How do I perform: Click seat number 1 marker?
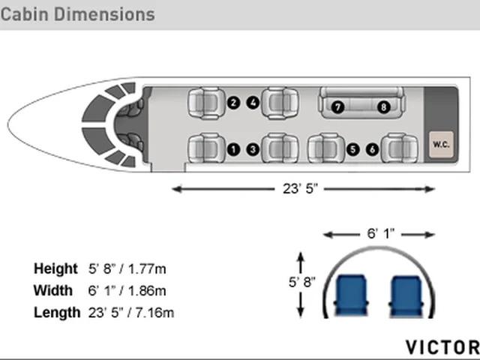pyautogui.click(x=233, y=149)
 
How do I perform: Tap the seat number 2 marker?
pyautogui.click(x=233, y=103)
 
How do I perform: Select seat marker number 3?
pyautogui.click(x=253, y=149)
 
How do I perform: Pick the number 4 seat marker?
pyautogui.click(x=253, y=103)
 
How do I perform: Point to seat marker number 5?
pyautogui.click(x=353, y=149)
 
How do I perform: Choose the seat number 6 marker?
pyautogui.click(x=372, y=149)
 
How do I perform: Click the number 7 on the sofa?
pyautogui.click(x=337, y=107)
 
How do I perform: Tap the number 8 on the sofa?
pyautogui.click(x=383, y=107)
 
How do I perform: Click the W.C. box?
pyautogui.click(x=441, y=145)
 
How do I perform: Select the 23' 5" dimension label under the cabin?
pyautogui.click(x=300, y=188)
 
